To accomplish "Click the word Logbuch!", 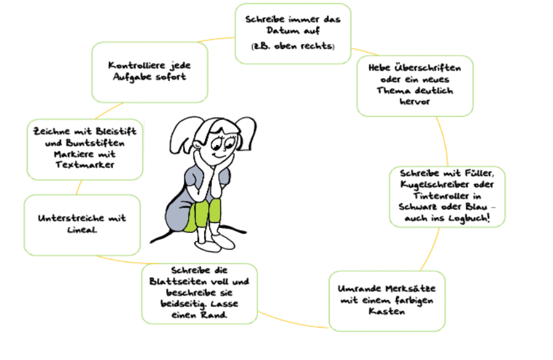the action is [469, 218].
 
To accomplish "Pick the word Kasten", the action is [386, 311].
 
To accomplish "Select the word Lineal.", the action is [82, 230].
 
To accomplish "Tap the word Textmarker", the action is [85, 165].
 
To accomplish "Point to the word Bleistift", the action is [116, 131].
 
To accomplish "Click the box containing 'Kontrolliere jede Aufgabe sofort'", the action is [150, 72].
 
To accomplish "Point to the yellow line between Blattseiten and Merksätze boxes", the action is [292, 321].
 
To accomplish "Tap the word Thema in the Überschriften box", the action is [390, 90].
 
